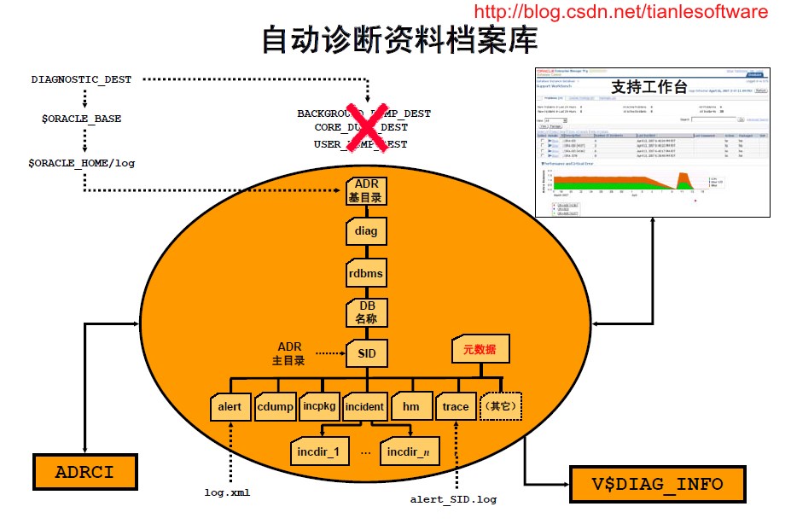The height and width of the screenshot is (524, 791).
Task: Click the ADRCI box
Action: [x=84, y=472]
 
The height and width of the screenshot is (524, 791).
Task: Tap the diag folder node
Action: [x=366, y=231]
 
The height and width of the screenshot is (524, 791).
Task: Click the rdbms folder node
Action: [x=366, y=273]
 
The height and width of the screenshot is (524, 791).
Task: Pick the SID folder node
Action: [x=366, y=353]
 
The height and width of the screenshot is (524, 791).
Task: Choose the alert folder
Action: [x=230, y=406]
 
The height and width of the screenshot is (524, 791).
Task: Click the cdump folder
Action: [x=275, y=406]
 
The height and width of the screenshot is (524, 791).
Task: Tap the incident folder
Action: [x=365, y=406]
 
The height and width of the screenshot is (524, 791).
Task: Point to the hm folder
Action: [x=410, y=406]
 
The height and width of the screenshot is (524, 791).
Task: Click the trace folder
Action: [x=456, y=406]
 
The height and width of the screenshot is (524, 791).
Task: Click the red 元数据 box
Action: [x=480, y=349]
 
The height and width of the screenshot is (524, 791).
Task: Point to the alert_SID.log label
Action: [x=453, y=499]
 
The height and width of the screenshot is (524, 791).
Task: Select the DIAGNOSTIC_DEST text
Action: [x=82, y=79]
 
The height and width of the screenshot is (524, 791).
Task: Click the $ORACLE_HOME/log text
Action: [x=82, y=161]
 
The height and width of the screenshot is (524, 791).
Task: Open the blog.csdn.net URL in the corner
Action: [x=620, y=12]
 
